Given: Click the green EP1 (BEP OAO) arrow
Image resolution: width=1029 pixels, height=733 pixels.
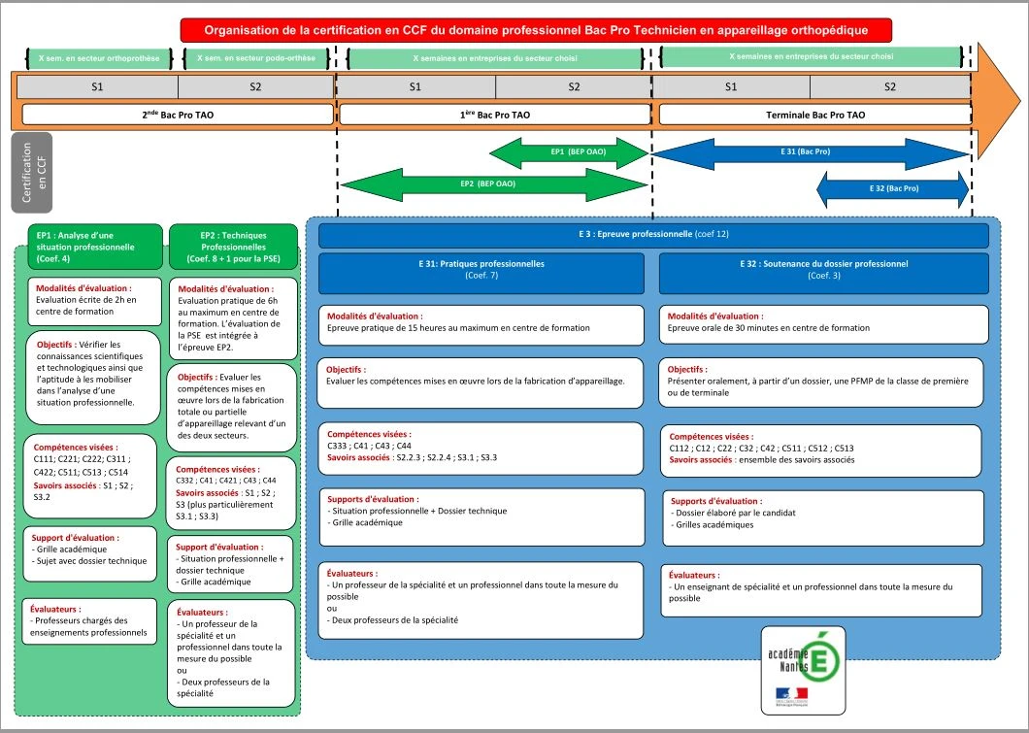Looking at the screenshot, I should pyautogui.click(x=568, y=152).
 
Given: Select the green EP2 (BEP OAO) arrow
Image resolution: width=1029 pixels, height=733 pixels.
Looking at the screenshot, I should pyautogui.click(x=493, y=183).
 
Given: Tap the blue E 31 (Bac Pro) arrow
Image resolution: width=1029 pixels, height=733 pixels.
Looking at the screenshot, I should pyautogui.click(x=811, y=152).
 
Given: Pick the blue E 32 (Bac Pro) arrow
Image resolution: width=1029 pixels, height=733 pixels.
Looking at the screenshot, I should pyautogui.click(x=893, y=188).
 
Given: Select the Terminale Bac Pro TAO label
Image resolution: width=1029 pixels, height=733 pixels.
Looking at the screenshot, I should pyautogui.click(x=814, y=115).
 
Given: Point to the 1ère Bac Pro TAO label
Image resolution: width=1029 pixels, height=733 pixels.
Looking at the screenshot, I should pyautogui.click(x=494, y=115).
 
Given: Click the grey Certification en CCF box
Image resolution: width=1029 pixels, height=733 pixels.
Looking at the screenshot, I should pyautogui.click(x=33, y=173).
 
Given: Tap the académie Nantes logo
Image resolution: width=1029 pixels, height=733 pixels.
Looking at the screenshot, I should pyautogui.click(x=804, y=670).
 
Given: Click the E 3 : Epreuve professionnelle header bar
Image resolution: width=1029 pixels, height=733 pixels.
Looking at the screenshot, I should pyautogui.click(x=653, y=235).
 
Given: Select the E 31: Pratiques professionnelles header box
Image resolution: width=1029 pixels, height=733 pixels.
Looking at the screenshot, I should pyautogui.click(x=481, y=272).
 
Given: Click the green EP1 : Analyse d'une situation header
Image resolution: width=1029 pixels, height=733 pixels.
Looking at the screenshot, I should pyautogui.click(x=89, y=247).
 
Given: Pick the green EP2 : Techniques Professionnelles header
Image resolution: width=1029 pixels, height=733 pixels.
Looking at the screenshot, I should pyautogui.click(x=233, y=247).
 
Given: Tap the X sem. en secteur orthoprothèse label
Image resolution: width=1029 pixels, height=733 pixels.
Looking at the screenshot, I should pyautogui.click(x=98, y=58).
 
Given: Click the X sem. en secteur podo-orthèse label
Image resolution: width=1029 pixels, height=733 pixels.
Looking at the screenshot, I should pyautogui.click(x=255, y=58).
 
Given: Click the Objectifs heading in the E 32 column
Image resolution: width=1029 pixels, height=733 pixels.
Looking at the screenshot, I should pyautogui.click(x=687, y=370).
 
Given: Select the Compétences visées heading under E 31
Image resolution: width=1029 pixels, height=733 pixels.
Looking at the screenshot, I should pyautogui.click(x=369, y=434).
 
